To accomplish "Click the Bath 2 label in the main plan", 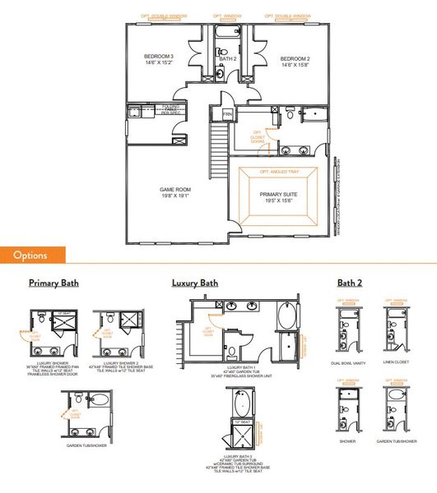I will [228, 59].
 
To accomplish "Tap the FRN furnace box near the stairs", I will [228, 112].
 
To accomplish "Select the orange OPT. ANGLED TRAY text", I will [277, 172].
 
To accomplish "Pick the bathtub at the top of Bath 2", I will [226, 34].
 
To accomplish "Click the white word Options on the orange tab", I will [30, 255].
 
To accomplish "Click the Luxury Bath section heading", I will [195, 283].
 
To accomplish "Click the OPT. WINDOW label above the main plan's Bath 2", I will [226, 16].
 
